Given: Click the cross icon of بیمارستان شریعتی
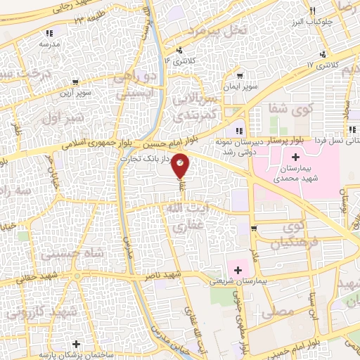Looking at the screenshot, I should [238, 269].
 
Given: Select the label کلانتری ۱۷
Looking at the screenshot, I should [323, 65].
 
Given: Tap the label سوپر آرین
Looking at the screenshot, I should [71, 92].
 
